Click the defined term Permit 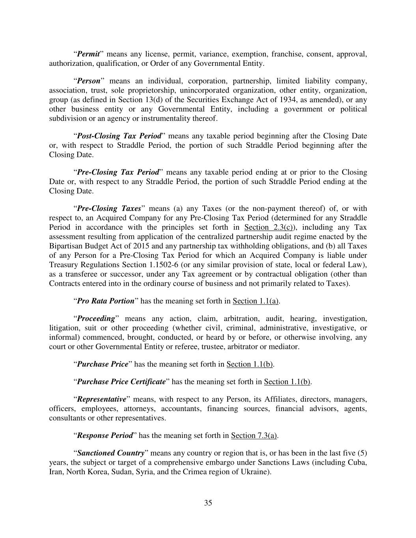88,54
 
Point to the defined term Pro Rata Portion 105,301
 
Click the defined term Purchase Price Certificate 121,382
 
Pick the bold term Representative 101,399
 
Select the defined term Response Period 104,436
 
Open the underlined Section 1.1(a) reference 256,301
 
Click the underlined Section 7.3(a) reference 254,436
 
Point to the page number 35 208,503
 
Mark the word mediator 283,347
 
